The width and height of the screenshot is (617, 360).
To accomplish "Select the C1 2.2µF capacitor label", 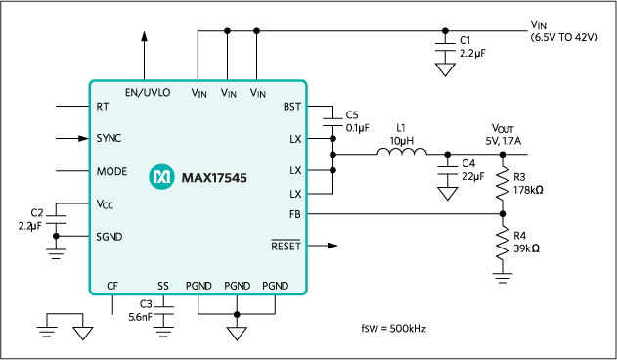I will click(x=473, y=47).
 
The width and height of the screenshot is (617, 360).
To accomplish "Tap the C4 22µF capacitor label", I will click(x=472, y=169).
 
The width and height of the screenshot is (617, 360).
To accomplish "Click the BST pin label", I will click(x=291, y=106).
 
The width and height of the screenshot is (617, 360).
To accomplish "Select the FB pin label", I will click(x=294, y=212).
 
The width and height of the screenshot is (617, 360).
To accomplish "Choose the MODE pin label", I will click(x=111, y=171).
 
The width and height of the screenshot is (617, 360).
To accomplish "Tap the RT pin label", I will click(x=102, y=106).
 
